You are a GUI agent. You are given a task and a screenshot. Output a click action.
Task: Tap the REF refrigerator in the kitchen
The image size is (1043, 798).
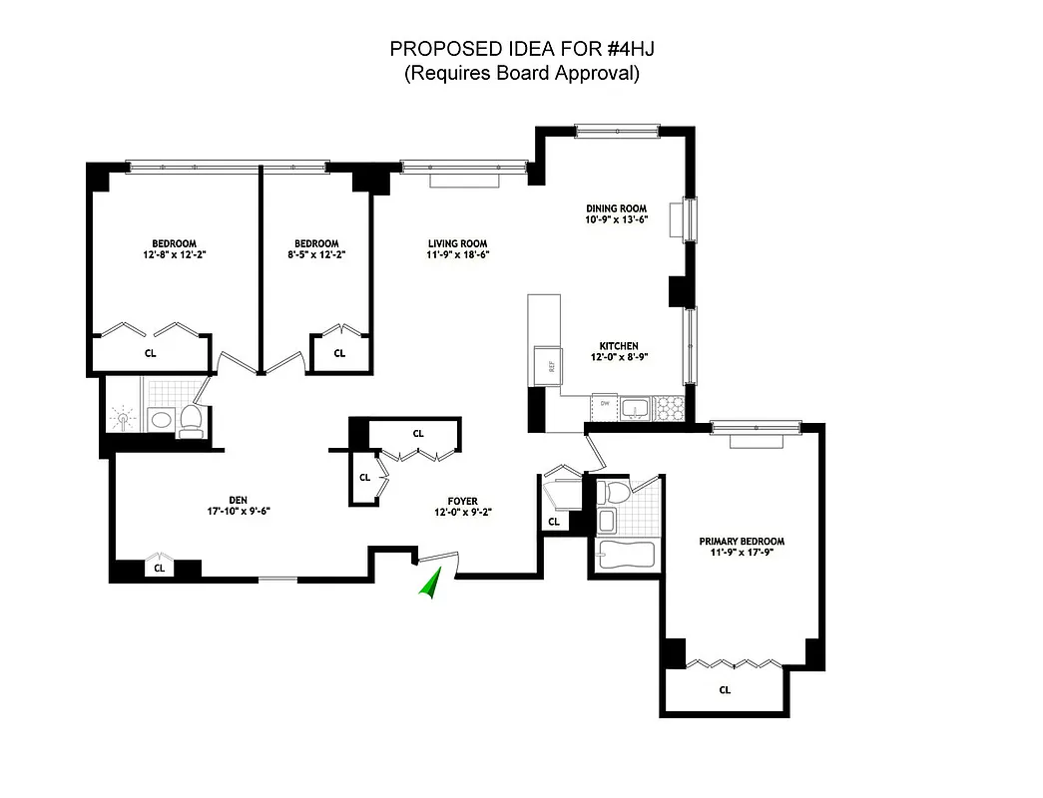(546, 365)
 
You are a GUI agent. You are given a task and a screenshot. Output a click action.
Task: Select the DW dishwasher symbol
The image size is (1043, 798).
(604, 405)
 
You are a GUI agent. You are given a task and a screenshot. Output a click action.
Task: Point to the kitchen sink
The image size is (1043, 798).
(635, 407)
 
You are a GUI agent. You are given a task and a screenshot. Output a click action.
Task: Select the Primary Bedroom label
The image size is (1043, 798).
(741, 542)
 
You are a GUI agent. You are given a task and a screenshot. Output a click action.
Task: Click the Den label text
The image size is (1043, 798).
(236, 500)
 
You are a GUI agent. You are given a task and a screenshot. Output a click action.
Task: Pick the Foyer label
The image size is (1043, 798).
(462, 501)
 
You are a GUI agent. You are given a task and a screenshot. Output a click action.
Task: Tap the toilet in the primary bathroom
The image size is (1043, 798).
(618, 492)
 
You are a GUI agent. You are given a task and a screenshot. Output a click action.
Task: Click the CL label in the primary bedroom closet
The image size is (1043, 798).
(725, 689)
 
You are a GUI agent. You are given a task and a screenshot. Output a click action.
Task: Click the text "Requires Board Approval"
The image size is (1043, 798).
(521, 74)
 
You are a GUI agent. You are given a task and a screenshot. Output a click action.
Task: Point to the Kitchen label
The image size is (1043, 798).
(621, 346)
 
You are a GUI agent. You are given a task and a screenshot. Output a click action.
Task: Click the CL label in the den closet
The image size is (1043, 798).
(158, 569)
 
